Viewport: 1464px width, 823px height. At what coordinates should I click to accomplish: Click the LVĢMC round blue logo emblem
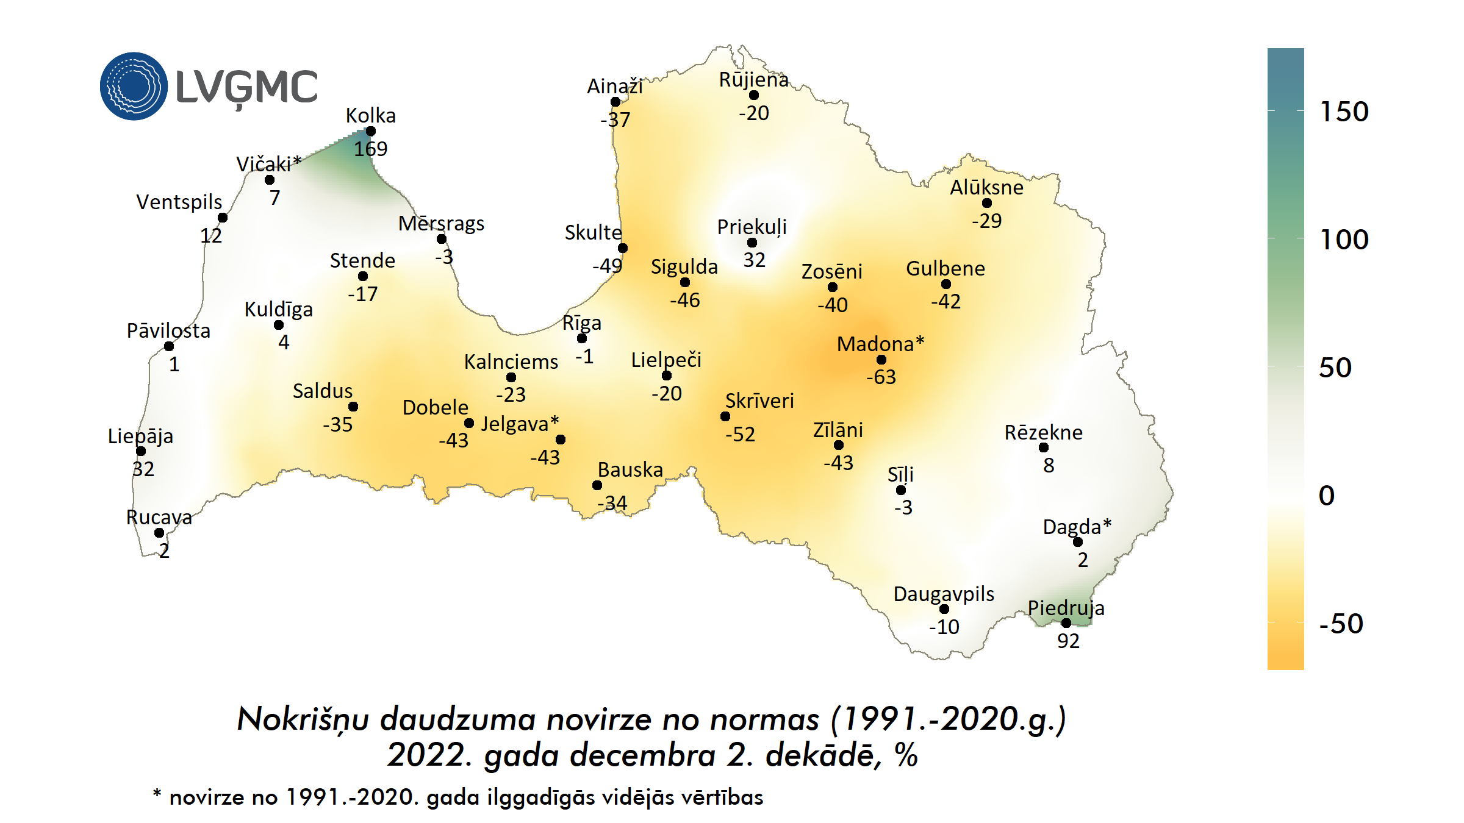[134, 86]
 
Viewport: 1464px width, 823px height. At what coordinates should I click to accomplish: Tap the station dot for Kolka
[370, 131]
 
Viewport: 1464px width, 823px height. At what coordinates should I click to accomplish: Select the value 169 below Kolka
[370, 149]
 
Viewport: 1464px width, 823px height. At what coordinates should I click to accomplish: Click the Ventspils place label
[179, 202]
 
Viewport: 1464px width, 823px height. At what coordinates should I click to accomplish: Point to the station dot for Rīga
[582, 338]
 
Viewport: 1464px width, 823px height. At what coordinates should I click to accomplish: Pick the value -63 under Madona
[881, 377]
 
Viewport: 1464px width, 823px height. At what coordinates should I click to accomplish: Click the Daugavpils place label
[944, 594]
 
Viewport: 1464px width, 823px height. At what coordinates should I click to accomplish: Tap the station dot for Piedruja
[1066, 623]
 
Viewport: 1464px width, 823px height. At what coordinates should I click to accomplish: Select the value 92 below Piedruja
[1068, 641]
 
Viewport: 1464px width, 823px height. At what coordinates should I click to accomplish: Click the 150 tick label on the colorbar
[1344, 112]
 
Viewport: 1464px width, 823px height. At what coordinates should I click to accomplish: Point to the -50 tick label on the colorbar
[1341, 624]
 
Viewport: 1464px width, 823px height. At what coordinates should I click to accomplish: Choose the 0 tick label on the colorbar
[1327, 496]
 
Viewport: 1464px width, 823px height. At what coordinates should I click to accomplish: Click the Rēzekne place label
[1043, 433]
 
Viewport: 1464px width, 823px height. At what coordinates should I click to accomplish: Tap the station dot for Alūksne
[987, 203]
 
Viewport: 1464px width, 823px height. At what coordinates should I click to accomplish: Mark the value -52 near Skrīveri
[740, 435]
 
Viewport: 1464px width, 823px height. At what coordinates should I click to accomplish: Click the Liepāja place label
[140, 436]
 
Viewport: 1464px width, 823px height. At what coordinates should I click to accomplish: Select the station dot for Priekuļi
[752, 243]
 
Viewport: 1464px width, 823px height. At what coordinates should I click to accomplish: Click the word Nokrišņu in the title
[303, 720]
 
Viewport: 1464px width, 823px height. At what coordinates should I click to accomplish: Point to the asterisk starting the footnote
[157, 794]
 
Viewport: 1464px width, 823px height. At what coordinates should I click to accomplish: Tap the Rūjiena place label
[754, 80]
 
